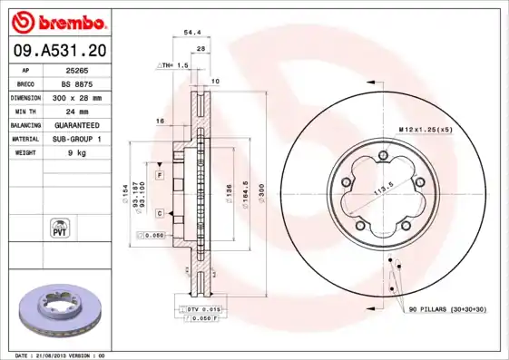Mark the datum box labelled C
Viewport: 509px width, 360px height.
coord(159,213)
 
